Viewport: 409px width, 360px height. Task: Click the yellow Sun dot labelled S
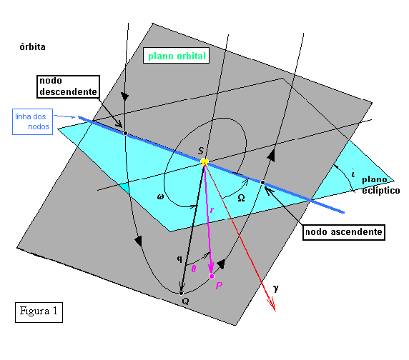(204, 162)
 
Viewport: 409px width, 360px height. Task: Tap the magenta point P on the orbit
(212, 276)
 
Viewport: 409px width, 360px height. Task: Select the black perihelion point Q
(182, 293)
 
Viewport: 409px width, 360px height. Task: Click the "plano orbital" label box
(176, 56)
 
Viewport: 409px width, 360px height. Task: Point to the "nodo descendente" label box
(68, 86)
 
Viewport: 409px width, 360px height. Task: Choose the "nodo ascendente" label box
(343, 232)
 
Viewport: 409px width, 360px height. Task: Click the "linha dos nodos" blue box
(33, 121)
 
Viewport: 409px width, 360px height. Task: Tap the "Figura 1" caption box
(39, 312)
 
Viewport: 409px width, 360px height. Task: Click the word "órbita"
(33, 47)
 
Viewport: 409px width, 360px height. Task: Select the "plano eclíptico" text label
(380, 185)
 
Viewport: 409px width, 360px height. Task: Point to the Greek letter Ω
(241, 199)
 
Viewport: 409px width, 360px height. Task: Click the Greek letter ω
(160, 197)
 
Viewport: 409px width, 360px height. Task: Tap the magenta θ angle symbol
(194, 269)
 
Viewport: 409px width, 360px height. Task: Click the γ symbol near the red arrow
(276, 288)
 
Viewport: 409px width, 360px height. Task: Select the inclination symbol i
(353, 173)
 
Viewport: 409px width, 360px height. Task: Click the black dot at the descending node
(125, 134)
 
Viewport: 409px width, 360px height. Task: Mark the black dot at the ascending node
(263, 183)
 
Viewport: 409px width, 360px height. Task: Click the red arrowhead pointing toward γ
(272, 305)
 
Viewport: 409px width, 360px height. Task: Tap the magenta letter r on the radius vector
(212, 210)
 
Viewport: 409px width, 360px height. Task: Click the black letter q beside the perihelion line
(179, 259)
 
